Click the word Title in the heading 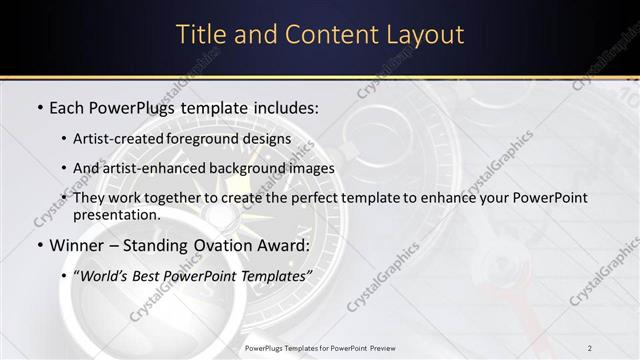click(200, 34)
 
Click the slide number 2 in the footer click(590, 347)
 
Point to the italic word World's click(103, 276)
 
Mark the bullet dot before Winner click(39, 245)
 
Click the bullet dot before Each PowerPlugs click(39, 107)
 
